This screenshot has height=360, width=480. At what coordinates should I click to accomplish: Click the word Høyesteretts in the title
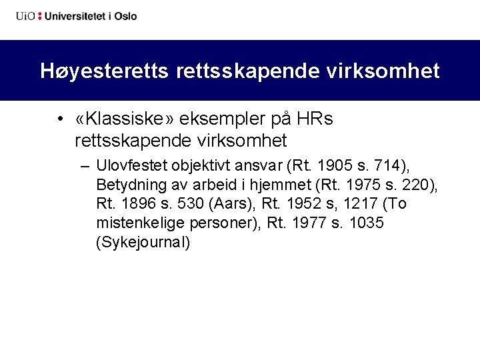[105, 71]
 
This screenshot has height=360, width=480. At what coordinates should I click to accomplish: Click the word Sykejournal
[143, 242]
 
